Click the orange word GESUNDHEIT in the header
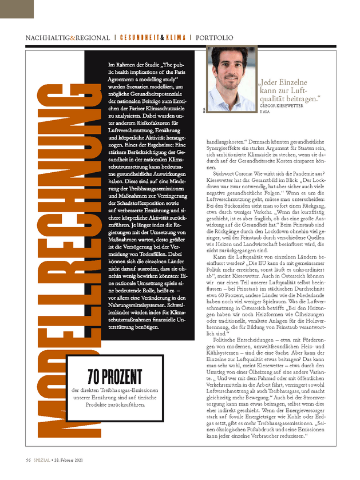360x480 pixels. coord(140,38)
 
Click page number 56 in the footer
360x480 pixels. coord(28,460)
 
